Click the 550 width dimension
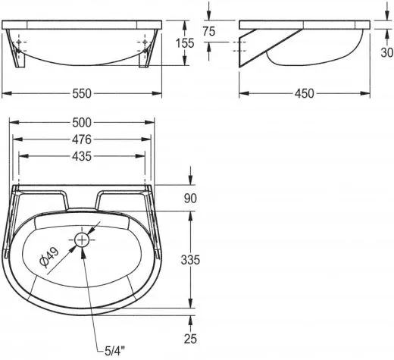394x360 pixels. pyautogui.click(x=82, y=94)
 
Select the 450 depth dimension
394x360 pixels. pyautogui.click(x=305, y=94)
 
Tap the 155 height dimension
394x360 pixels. pyautogui.click(x=185, y=43)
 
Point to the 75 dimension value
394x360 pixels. pyautogui.click(x=209, y=31)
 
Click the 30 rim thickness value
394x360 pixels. pyautogui.click(x=387, y=52)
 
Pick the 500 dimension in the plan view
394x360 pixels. pyautogui.click(x=82, y=123)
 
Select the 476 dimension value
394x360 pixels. pyautogui.click(x=82, y=139)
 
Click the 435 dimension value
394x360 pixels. pyautogui.click(x=82, y=157)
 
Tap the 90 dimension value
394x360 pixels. pyautogui.click(x=190, y=199)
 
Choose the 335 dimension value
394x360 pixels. pyautogui.click(x=190, y=260)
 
